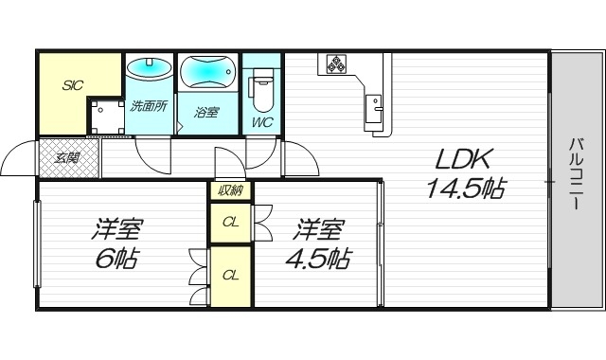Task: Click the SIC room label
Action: tap(72, 84)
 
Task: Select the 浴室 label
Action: tap(206, 112)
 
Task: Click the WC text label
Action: tap(262, 121)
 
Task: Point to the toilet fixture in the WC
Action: tap(263, 90)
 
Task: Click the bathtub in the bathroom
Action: tap(208, 73)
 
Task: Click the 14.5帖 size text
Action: tap(463, 189)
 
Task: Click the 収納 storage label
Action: tap(229, 190)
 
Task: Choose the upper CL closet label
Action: tap(229, 224)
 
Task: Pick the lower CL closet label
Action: tap(229, 275)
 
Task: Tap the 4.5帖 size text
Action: tap(320, 259)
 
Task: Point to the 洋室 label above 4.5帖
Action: tap(320, 229)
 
